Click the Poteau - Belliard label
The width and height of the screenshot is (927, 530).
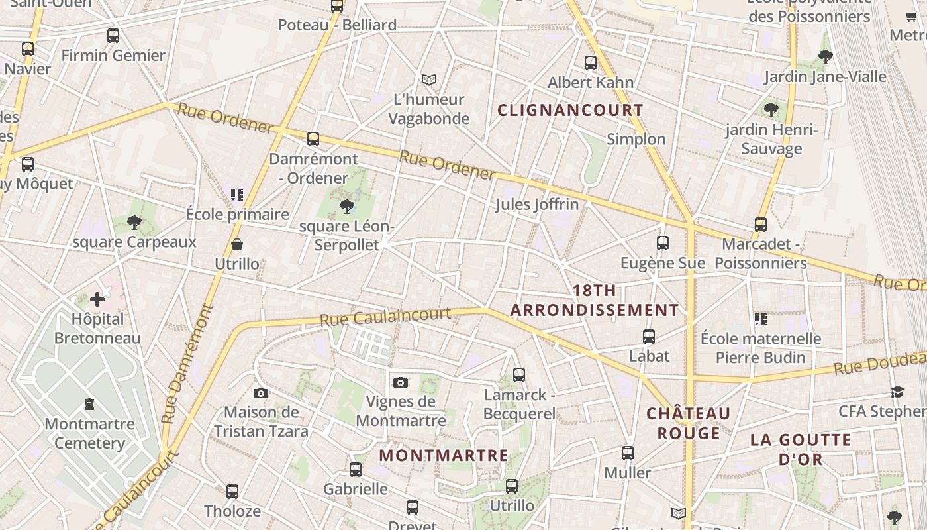pos(337,25)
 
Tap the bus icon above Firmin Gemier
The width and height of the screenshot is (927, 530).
pos(113,36)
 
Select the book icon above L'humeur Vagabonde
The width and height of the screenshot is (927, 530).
pos(429,80)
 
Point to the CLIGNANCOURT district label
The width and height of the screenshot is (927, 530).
pos(570,110)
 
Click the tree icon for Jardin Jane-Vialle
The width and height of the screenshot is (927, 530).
pos(825,57)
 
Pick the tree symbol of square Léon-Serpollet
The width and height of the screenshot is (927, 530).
pos(346,207)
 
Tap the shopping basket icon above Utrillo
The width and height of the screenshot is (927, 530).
pos(237,245)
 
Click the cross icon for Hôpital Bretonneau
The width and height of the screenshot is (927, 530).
pos(97,299)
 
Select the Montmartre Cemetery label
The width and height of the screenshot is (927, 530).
pos(89,433)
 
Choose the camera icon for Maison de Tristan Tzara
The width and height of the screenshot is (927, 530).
pos(261,393)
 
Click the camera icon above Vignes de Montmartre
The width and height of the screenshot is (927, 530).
pos(400,382)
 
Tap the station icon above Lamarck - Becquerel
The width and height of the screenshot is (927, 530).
pos(519,375)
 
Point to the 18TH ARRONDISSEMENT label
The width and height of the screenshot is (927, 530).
pos(595,300)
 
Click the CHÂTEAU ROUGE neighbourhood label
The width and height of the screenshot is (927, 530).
pos(689,423)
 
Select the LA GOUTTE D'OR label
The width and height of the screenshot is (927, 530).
pos(801,449)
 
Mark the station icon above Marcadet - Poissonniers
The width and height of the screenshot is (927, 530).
pos(761,225)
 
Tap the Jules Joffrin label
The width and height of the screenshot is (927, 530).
pos(537,204)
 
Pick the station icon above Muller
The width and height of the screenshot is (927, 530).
pos(628,453)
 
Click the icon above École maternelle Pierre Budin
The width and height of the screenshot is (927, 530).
pos(761,319)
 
